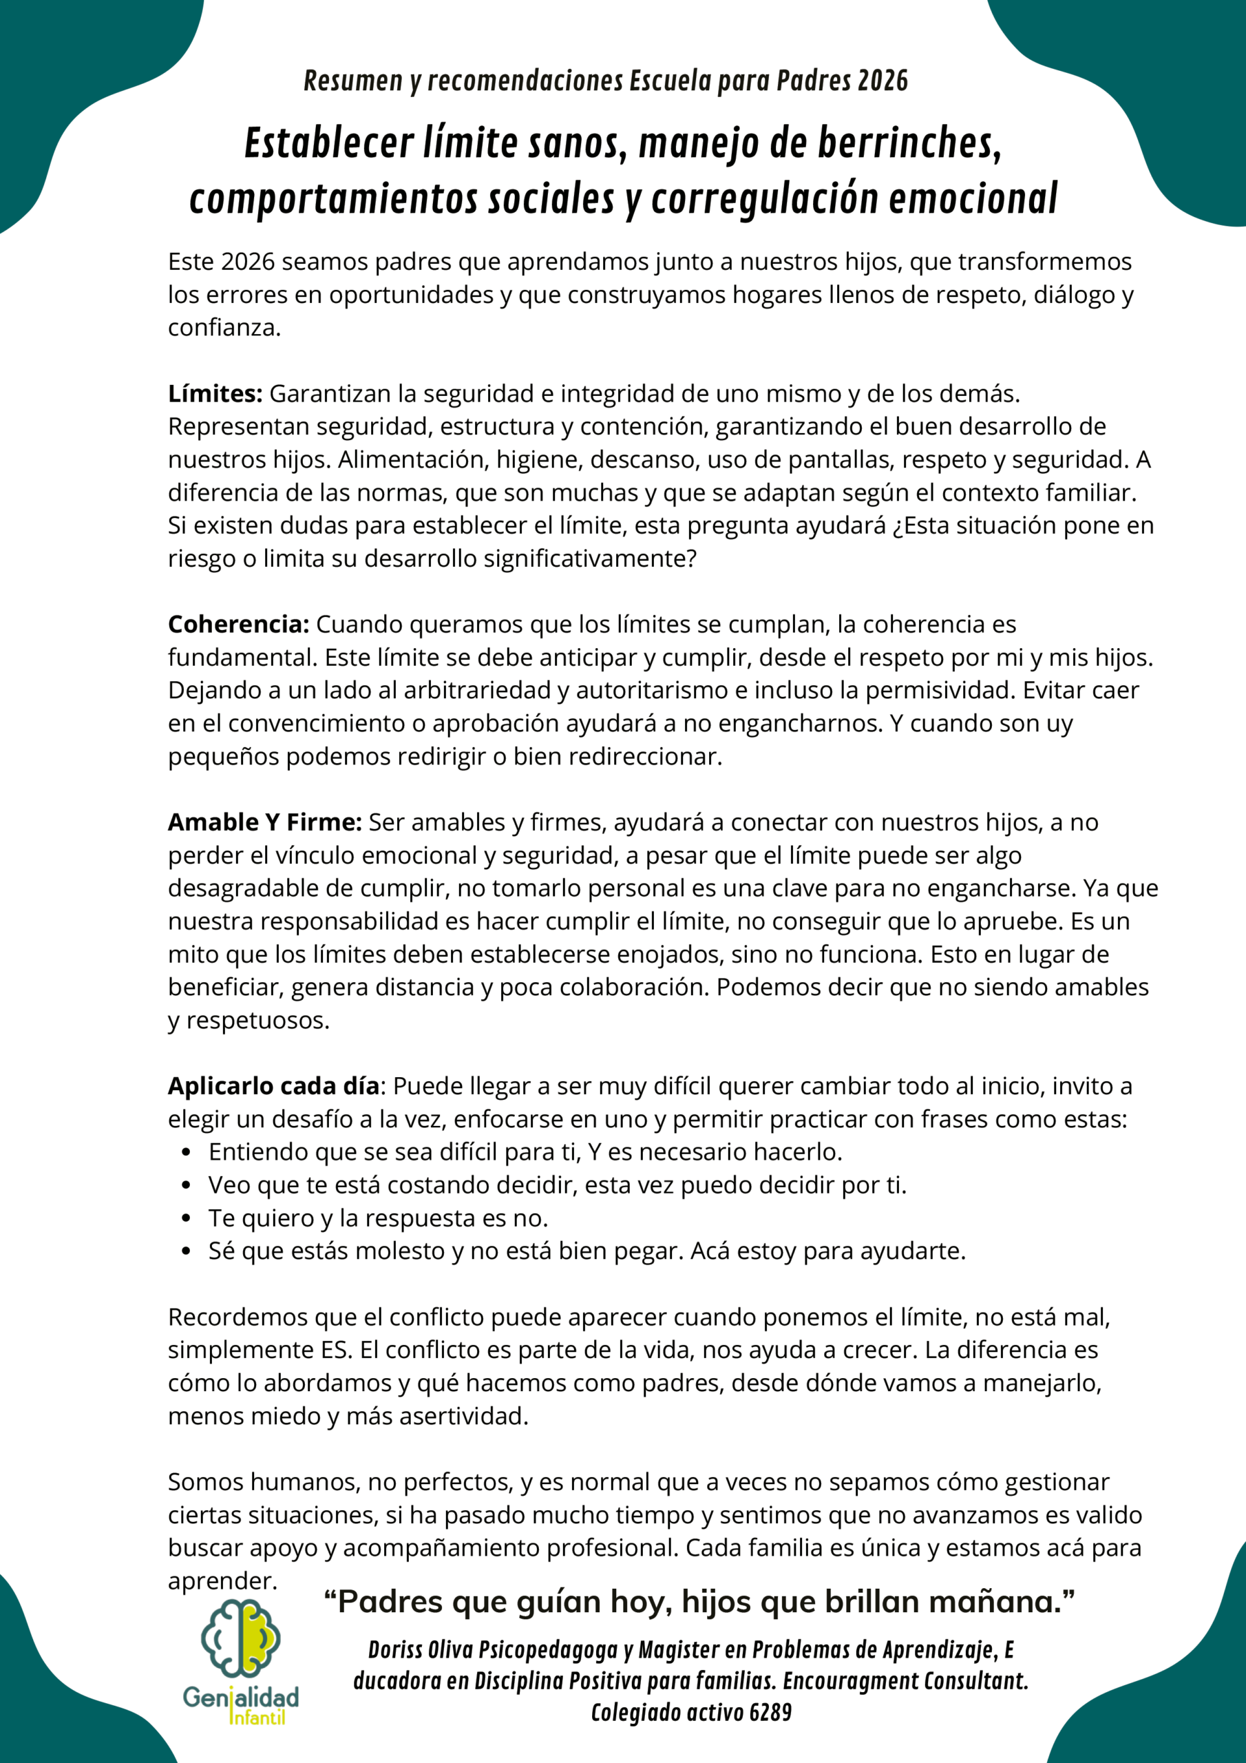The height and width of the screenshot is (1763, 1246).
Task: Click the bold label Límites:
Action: click(x=215, y=394)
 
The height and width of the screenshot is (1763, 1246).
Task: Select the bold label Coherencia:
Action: click(x=239, y=624)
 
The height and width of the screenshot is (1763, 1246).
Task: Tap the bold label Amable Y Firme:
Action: click(x=265, y=822)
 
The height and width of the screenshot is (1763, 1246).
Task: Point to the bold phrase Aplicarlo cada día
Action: click(x=273, y=1087)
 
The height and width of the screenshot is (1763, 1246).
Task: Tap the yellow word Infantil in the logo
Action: click(x=258, y=1717)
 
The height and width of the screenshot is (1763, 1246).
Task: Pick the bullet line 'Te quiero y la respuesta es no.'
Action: click(x=379, y=1218)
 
